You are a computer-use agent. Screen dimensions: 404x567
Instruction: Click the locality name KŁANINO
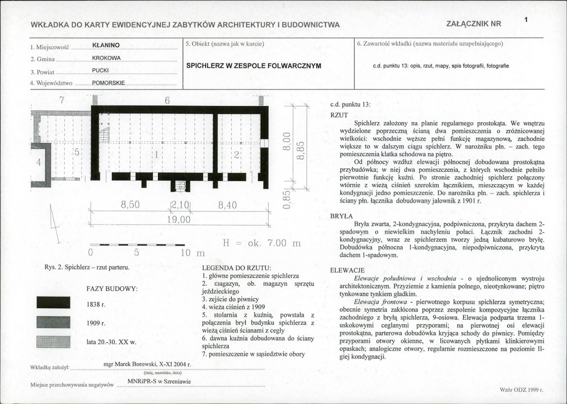click(106, 45)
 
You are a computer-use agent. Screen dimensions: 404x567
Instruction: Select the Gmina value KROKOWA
click(106, 58)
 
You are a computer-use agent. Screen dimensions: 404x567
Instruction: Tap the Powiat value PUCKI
click(100, 70)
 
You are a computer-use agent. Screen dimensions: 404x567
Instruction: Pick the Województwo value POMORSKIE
click(108, 83)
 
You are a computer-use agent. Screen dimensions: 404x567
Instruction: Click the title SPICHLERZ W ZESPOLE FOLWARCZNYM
click(253, 66)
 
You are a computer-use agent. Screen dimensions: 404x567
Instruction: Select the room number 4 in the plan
click(39, 162)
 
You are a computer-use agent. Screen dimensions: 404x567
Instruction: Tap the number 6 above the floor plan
click(167, 100)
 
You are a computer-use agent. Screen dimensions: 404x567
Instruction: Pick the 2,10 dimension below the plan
click(180, 205)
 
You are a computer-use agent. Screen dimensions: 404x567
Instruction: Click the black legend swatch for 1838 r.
click(53, 303)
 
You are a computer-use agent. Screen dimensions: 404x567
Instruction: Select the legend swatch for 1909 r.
click(53, 322)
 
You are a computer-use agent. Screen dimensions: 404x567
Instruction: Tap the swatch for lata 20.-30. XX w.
click(53, 342)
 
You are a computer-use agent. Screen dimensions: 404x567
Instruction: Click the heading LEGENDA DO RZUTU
click(236, 268)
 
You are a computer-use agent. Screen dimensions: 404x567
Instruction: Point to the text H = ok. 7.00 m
click(262, 244)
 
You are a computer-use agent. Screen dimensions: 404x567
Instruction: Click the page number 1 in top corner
click(526, 19)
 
